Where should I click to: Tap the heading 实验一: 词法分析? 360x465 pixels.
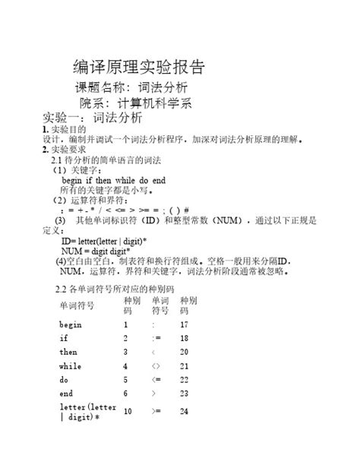pos(92,119)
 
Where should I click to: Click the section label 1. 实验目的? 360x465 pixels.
pos(68,131)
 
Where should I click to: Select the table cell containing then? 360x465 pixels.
pos(69,353)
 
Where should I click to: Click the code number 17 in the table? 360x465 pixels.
pos(184,324)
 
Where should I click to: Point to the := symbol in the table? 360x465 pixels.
pos(156,338)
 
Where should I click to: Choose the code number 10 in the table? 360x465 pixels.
pos(128,412)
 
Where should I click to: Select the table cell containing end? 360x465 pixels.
pos(66,394)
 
